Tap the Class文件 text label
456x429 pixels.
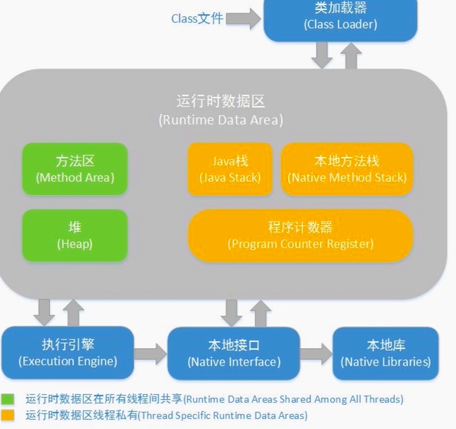(x=197, y=19)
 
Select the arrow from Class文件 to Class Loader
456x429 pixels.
(x=243, y=19)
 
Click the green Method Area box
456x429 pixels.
(x=75, y=169)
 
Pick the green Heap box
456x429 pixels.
(x=75, y=235)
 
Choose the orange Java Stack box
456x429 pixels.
(x=230, y=169)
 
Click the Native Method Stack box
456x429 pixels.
(x=347, y=169)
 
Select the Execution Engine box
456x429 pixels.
(x=68, y=353)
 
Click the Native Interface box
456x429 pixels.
(x=234, y=353)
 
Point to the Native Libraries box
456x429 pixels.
(x=386, y=353)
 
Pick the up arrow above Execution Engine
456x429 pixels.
(x=74, y=312)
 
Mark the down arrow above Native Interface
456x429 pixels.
(x=232, y=312)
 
